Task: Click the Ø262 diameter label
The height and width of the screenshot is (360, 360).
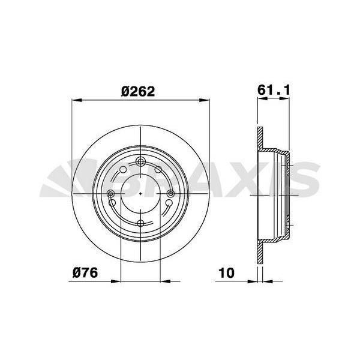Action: tap(138, 91)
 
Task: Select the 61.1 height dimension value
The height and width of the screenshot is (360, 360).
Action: tap(274, 89)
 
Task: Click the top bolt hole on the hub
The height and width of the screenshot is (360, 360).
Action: tap(140, 162)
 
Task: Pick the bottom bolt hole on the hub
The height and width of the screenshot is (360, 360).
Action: tap(140, 223)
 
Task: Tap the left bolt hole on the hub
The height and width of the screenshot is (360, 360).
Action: tap(111, 193)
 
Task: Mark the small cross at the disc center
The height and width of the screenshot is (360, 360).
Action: tap(140, 193)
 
